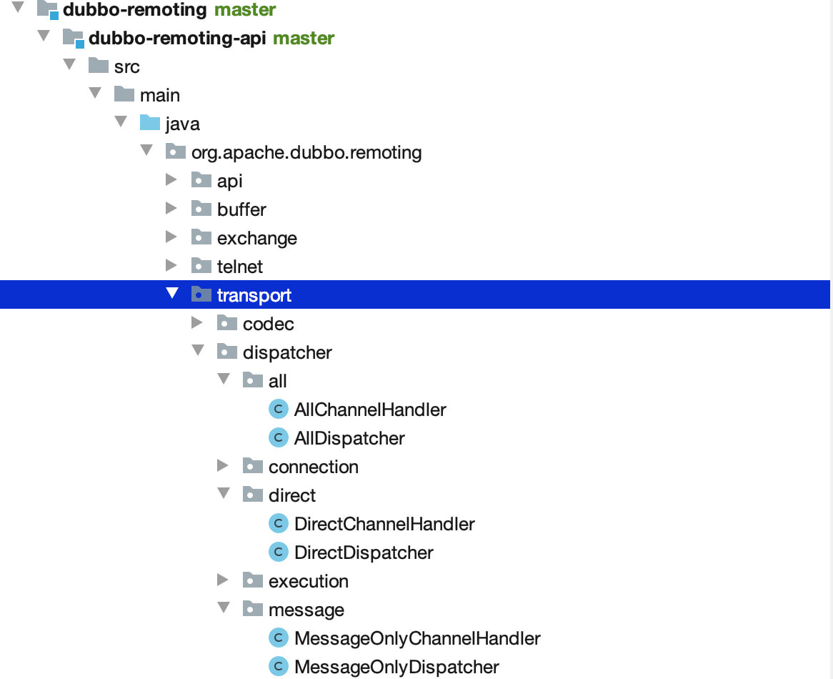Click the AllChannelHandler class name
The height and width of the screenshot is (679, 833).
click(x=370, y=410)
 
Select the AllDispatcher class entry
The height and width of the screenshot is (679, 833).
click(x=349, y=438)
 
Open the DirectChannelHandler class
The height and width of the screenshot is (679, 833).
click(x=384, y=524)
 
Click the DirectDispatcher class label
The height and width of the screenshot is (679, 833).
click(x=364, y=552)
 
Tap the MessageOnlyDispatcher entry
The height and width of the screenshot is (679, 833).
click(x=396, y=667)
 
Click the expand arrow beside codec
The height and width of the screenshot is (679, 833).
click(x=197, y=324)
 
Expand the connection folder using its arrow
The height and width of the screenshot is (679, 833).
click(x=223, y=467)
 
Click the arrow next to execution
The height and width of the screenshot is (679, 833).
click(x=223, y=581)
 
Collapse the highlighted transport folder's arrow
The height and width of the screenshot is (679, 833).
click(x=171, y=294)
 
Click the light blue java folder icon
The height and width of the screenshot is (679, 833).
click(x=149, y=123)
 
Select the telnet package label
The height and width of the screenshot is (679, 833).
click(x=240, y=267)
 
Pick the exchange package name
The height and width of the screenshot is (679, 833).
click(x=257, y=238)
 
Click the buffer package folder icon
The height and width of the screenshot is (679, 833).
click(x=201, y=209)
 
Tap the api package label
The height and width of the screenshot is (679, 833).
click(x=230, y=181)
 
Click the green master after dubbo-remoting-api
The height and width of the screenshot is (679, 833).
click(x=304, y=38)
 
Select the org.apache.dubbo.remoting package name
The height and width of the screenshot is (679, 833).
click(x=306, y=152)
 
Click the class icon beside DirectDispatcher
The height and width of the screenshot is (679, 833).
click(x=278, y=552)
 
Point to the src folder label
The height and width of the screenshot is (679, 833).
click(x=127, y=66)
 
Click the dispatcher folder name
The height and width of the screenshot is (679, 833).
click(x=287, y=352)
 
